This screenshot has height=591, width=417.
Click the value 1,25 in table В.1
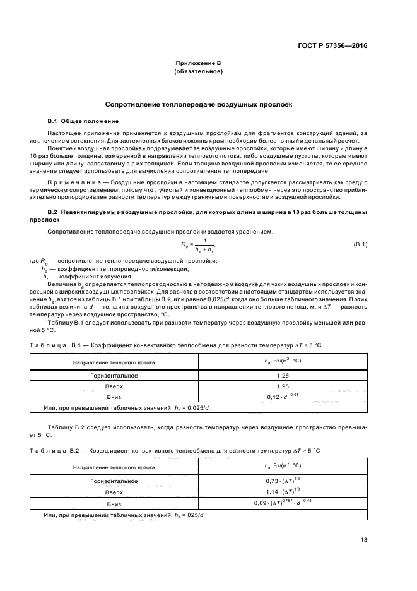pyautogui.click(x=283, y=376)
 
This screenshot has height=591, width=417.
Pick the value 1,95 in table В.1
pyautogui.click(x=283, y=386)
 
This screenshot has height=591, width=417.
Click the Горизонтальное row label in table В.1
pyautogui.click(x=114, y=376)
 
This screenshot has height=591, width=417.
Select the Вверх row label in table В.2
pyautogui.click(x=114, y=492)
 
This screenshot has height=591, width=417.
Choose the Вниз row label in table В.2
pyautogui.click(x=114, y=504)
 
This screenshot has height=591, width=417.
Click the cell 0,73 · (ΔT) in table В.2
pyautogui.click(x=283, y=481)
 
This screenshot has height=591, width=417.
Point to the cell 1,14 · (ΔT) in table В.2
pyautogui.click(x=283, y=492)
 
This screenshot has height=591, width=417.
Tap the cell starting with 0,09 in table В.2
pyautogui.click(x=283, y=503)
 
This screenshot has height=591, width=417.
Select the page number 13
pyautogui.click(x=363, y=539)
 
